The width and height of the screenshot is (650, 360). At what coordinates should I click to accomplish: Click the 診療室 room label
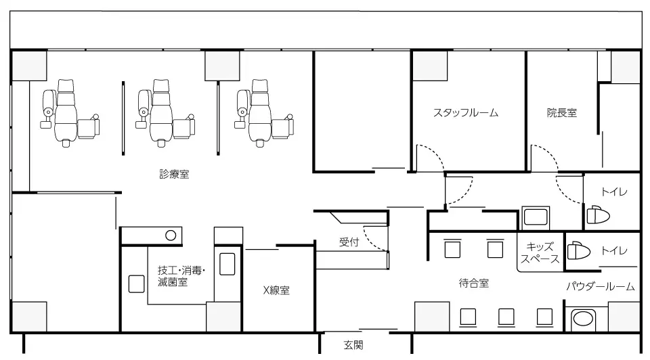[174, 174]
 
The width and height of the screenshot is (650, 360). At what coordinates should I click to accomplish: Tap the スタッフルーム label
[466, 113]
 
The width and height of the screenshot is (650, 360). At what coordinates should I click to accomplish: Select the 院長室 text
[562, 113]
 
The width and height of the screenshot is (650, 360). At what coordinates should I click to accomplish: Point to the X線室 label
[276, 290]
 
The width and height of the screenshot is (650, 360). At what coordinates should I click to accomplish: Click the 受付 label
[349, 242]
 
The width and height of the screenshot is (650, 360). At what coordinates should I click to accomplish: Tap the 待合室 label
[474, 284]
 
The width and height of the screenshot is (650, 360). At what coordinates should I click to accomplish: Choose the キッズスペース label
[540, 253]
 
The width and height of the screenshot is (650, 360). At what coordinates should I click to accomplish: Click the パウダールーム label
[601, 286]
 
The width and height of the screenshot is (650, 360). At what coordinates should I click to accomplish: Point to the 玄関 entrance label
[353, 344]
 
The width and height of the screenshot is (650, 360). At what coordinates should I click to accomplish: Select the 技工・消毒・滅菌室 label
[181, 276]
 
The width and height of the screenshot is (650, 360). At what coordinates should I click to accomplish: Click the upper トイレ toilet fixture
[598, 215]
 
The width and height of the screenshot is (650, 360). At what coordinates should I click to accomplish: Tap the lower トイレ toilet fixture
[579, 251]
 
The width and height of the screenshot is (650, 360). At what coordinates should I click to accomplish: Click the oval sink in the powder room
[582, 319]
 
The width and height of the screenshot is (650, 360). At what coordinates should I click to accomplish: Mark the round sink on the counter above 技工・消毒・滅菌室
[171, 235]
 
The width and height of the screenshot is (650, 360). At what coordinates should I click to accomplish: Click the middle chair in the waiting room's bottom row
[506, 317]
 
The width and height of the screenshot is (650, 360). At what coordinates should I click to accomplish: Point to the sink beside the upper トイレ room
[536, 217]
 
